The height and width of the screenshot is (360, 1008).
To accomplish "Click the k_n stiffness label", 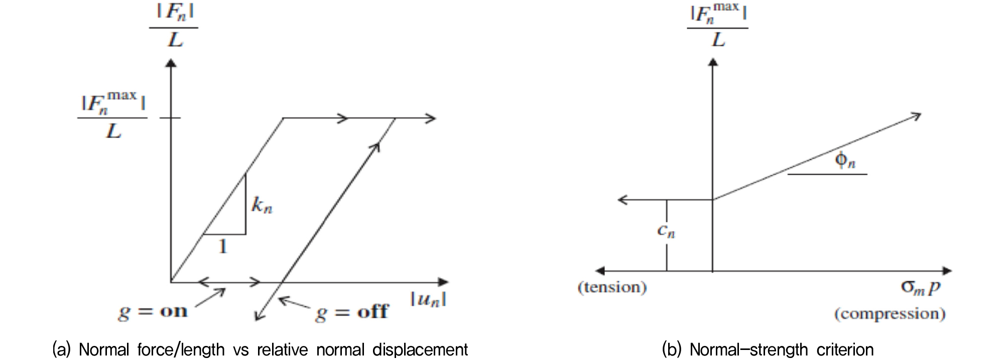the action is [x=262, y=205].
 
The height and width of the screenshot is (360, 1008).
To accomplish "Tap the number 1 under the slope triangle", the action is [x=223, y=246].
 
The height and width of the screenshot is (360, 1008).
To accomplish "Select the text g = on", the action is [x=153, y=312].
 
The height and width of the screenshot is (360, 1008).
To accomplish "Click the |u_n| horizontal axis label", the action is [x=428, y=299].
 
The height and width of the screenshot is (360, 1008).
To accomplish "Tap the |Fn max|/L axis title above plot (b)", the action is [x=718, y=24].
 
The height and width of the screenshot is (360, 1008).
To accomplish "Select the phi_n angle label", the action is [x=845, y=160].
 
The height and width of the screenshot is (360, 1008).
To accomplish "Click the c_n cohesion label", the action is [x=666, y=230].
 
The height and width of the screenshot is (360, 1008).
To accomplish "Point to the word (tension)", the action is [x=612, y=287].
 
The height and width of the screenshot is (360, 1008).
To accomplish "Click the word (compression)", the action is [x=890, y=314].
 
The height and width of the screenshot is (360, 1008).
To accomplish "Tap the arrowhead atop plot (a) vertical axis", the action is [x=171, y=63].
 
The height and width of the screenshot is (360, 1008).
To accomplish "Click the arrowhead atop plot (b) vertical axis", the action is [x=713, y=62].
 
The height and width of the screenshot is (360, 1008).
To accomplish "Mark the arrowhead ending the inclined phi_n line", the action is [x=917, y=116].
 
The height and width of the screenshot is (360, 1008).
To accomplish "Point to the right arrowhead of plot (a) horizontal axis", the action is [x=443, y=282].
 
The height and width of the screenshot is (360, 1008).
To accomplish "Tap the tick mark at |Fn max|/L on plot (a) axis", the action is [x=170, y=118].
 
